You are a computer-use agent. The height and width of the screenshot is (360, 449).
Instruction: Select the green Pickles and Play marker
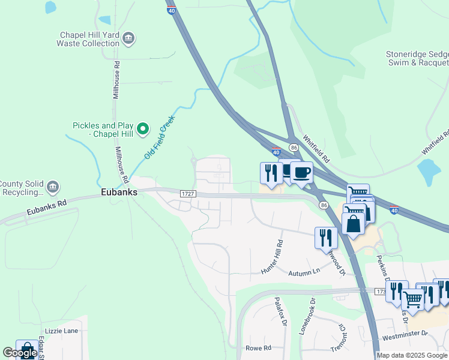[143, 128]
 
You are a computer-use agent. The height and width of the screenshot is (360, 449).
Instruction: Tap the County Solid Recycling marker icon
[53, 187]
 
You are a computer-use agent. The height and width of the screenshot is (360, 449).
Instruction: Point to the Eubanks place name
[119, 193]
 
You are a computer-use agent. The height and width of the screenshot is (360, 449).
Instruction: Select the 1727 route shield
[187, 193]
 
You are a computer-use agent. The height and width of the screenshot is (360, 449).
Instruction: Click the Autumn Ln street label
[304, 272]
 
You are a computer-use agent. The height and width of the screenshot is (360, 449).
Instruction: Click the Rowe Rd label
[259, 348]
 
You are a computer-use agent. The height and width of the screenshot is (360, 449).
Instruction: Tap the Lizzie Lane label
[61, 331]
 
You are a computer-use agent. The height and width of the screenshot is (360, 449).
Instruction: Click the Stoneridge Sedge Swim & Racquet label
[417, 58]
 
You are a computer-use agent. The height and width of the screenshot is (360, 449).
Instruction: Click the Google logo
[20, 353]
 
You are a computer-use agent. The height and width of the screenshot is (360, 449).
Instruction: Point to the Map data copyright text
[412, 355]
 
